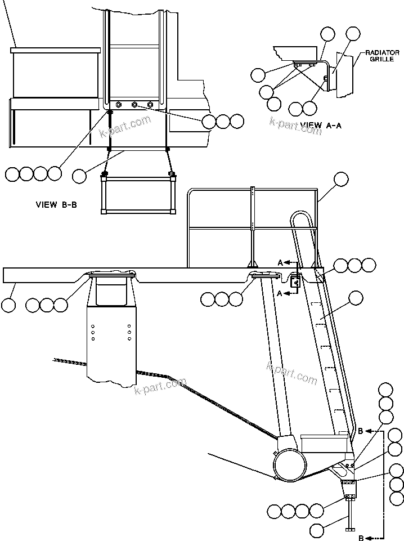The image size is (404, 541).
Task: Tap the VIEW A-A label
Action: tap(321, 125)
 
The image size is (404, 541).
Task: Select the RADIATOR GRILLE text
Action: tap(381, 56)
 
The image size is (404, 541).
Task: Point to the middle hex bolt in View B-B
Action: tap(134, 105)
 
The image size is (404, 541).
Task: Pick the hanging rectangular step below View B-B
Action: tap(137, 194)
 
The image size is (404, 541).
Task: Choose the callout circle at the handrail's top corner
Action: tap(341, 180)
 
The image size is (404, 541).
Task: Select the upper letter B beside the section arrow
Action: tap(360, 432)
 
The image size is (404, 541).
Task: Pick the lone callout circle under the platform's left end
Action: tap(8, 305)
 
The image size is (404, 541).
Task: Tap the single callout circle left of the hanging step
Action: tap(80, 176)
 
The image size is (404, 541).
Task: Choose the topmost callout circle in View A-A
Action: tap(353, 33)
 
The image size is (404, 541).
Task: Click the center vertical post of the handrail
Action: tap(253, 225)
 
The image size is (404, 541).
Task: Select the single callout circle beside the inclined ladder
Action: tap(356, 298)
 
